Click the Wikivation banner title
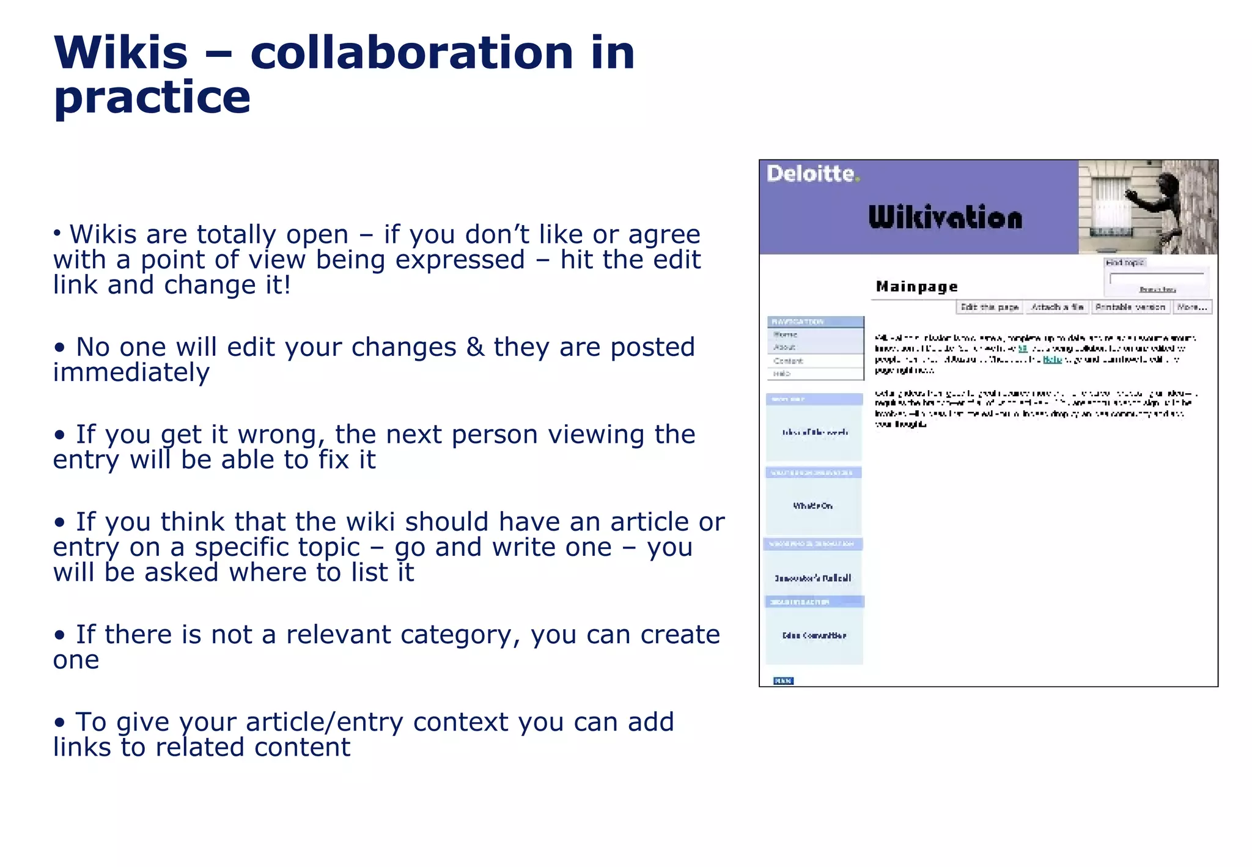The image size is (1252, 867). [x=945, y=218]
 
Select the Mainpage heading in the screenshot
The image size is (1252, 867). [x=916, y=287]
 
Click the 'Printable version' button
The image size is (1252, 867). [x=1130, y=307]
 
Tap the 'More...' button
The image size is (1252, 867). [x=1191, y=307]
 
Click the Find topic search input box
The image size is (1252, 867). [x=1157, y=278]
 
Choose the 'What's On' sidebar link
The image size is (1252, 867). [x=813, y=506]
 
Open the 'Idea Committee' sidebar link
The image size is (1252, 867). [x=814, y=635]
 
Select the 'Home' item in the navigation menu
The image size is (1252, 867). [x=786, y=334]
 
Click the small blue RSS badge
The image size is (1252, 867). [x=783, y=681]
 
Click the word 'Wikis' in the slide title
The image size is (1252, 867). [x=120, y=53]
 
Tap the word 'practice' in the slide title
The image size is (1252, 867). [x=152, y=98]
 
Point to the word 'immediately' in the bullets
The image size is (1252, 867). [x=131, y=372]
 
